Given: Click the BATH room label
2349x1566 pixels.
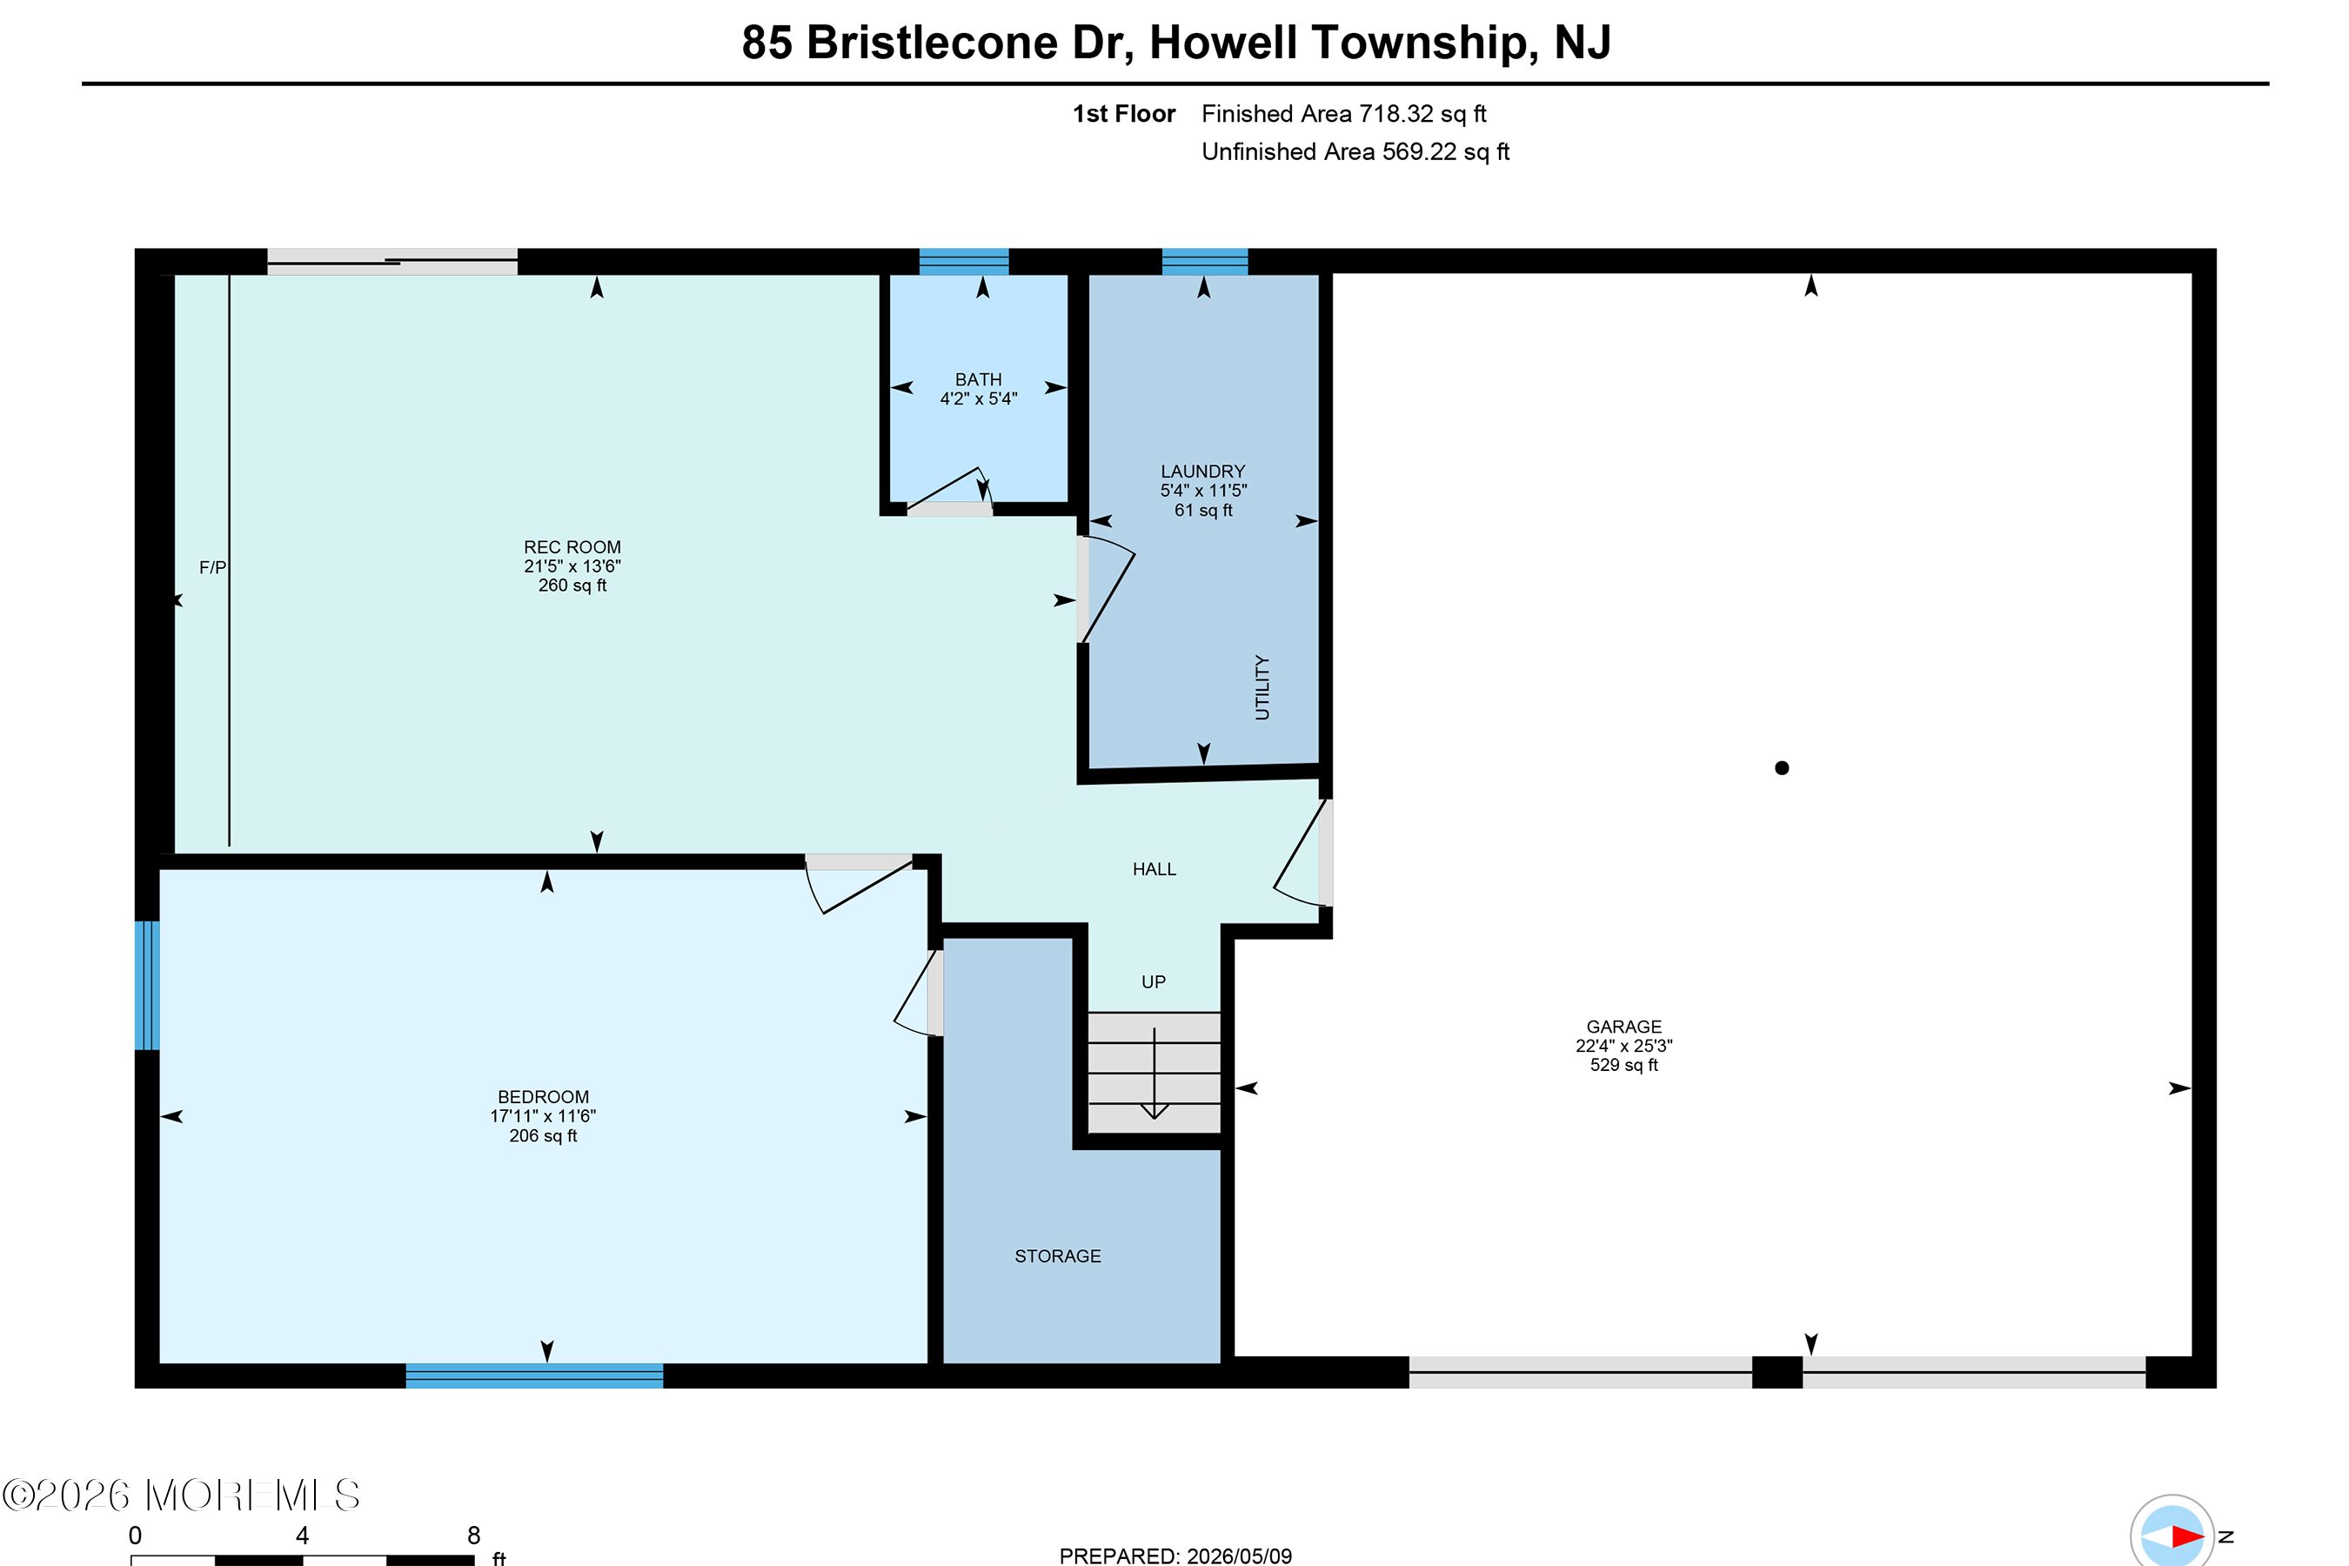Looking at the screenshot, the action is [978, 379].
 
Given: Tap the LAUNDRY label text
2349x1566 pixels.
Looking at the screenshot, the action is [1202, 472].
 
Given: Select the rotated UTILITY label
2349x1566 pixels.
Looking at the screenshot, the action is [1262, 687].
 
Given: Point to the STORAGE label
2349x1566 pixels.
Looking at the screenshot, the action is [1058, 1256].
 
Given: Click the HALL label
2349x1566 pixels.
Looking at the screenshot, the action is [1154, 870].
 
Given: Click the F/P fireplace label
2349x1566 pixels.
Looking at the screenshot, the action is [213, 568].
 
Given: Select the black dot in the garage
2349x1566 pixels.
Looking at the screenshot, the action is [1782, 768].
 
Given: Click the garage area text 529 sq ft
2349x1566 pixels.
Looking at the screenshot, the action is [1624, 1066].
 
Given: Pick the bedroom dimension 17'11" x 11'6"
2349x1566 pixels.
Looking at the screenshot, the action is [543, 1116].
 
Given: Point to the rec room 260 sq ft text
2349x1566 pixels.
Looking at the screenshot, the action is [572, 586].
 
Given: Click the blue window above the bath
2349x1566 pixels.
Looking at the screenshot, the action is [964, 262].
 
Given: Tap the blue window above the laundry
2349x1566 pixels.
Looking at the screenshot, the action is [1204, 262].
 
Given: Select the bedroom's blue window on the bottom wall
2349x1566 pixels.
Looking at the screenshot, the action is [534, 1375].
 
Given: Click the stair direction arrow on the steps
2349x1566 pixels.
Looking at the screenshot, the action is [1154, 1074].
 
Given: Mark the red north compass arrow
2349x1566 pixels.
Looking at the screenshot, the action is [2187, 1536].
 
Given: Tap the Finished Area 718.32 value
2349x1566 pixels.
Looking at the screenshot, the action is [1396, 114].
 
